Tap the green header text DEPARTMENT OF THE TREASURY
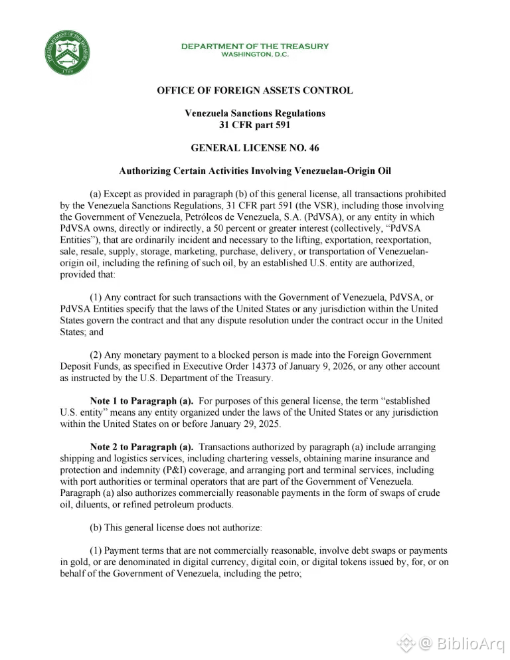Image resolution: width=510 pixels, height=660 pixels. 255,46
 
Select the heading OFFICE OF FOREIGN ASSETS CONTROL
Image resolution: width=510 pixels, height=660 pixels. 255,91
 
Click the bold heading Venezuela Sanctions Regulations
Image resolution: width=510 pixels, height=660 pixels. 255,114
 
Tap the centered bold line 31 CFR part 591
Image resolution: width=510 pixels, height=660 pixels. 255,125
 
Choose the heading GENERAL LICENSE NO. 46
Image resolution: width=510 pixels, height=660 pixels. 255,148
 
